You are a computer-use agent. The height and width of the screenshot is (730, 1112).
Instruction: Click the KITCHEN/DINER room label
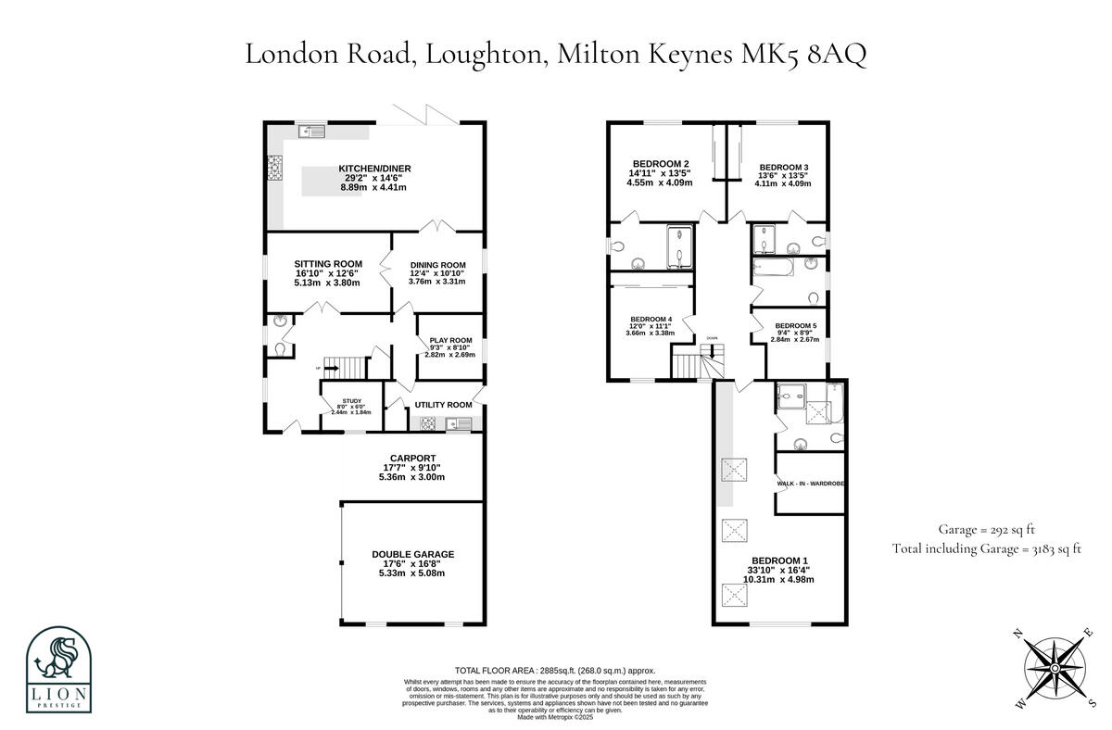(x=374, y=169)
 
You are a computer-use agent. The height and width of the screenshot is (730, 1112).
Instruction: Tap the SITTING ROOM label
(x=328, y=264)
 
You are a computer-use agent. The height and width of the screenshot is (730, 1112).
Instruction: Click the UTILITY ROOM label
(x=443, y=405)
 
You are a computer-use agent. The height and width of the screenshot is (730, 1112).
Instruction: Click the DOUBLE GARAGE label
(x=412, y=554)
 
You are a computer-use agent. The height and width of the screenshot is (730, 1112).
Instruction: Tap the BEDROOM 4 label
(x=651, y=319)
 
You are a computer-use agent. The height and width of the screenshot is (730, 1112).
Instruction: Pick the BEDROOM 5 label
(x=796, y=325)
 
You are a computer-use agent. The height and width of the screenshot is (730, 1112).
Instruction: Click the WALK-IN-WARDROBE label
(x=810, y=484)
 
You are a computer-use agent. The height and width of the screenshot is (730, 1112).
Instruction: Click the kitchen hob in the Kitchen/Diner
(x=275, y=170)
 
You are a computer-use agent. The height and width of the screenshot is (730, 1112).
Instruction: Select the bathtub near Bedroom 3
(x=773, y=271)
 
